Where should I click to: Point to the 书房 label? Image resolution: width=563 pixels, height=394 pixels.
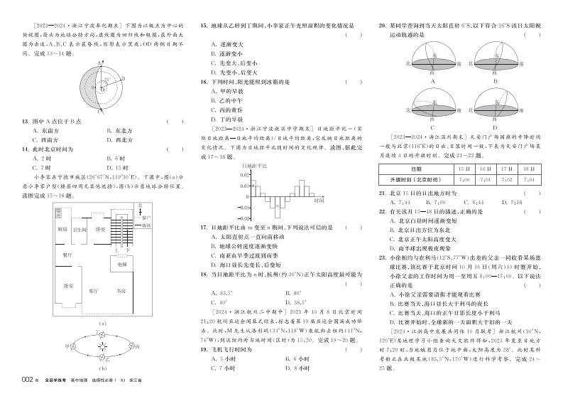coord(123,290)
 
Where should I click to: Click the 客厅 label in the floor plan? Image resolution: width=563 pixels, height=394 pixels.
coord(94,290)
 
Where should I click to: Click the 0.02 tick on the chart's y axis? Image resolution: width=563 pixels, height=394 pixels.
coord(244,176)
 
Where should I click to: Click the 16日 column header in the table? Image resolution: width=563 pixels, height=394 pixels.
coord(486,169)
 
